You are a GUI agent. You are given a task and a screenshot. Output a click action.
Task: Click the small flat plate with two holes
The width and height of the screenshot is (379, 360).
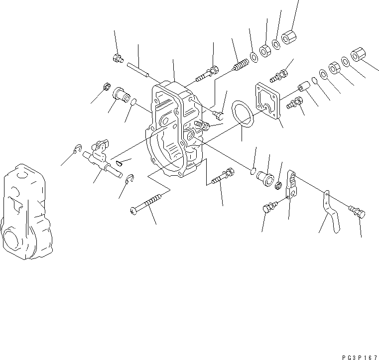(x=294, y=184)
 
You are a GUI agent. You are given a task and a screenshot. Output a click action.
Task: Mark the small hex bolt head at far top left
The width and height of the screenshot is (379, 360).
(x=117, y=59)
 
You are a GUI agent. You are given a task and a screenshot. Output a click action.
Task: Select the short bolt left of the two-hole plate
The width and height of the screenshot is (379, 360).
(x=269, y=208)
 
